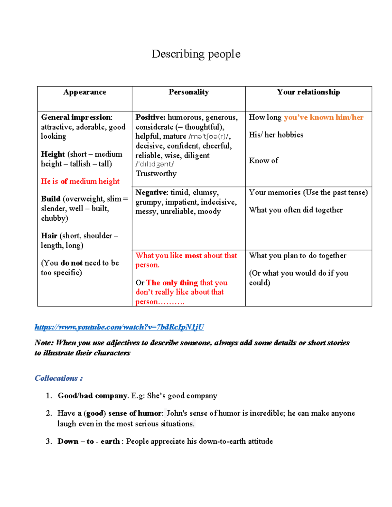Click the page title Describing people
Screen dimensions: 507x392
click(196, 54)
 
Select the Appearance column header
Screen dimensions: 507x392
click(85, 92)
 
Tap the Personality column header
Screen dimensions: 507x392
click(188, 92)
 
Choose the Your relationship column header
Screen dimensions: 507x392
click(308, 92)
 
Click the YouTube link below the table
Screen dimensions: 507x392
click(119, 327)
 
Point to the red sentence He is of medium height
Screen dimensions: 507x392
click(80, 181)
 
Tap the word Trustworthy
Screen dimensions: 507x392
click(156, 174)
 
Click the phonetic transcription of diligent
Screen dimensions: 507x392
click(155, 165)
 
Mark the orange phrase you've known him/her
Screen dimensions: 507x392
click(323, 118)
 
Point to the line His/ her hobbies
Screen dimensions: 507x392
click(276, 135)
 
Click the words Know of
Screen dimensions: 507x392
click(264, 161)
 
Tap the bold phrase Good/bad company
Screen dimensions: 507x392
click(92, 396)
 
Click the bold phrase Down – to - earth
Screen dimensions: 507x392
click(89, 441)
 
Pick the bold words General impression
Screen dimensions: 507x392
click(76, 118)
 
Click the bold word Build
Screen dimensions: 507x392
click(51, 199)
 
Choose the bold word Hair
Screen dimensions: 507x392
click(49, 236)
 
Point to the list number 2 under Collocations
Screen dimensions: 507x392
click(49, 413)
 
